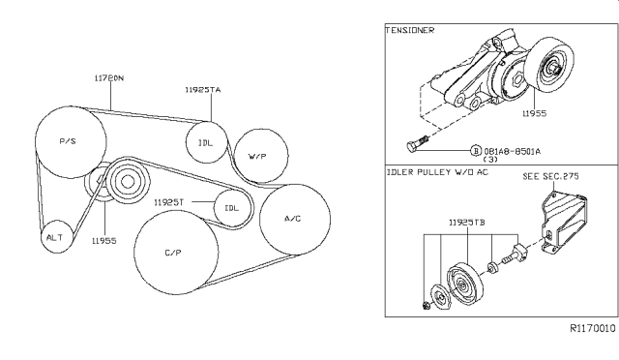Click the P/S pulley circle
pyautogui.click(x=69, y=141)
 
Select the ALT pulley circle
pyautogui.click(x=55, y=235)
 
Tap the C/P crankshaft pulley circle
pyautogui.click(x=172, y=252)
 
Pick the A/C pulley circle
pyautogui.click(x=294, y=219)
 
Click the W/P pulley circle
pyautogui.click(x=257, y=155)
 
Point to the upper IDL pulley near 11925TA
pyautogui.click(x=205, y=142)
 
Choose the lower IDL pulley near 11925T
pyautogui.click(x=231, y=207)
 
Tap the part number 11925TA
pyautogui.click(x=202, y=89)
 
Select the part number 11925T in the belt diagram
pyautogui.click(x=170, y=202)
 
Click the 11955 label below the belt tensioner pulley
pyautogui.click(x=104, y=240)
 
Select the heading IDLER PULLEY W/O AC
pyautogui.click(x=437, y=172)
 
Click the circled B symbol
pyautogui.click(x=476, y=151)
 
